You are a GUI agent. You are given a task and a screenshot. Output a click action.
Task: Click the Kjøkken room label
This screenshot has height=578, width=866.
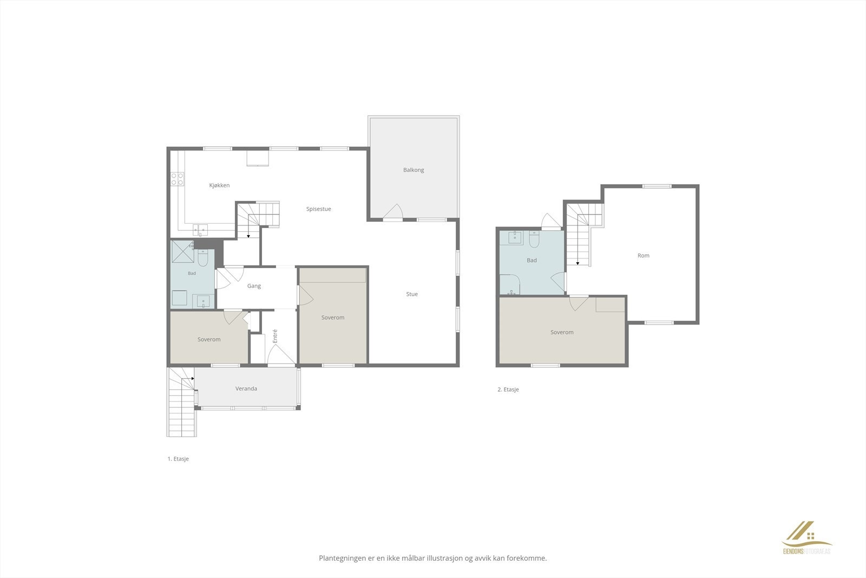[219, 185]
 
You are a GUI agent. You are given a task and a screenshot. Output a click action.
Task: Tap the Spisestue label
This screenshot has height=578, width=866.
[319, 209]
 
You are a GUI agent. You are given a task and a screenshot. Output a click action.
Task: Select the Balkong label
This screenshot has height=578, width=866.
[414, 170]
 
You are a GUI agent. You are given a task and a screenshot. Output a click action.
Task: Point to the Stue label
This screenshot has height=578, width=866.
[412, 294]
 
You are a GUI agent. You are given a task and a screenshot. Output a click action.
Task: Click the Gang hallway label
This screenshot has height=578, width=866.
[254, 286]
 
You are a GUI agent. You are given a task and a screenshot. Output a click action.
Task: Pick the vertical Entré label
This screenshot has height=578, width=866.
[275, 336]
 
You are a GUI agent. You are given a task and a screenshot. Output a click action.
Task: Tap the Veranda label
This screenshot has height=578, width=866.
[246, 388]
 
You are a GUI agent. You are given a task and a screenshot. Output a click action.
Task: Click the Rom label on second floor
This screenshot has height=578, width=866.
[644, 255]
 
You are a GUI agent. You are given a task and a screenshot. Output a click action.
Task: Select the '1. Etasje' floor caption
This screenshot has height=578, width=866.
[178, 459]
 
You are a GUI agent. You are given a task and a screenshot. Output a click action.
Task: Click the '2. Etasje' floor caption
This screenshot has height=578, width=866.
[508, 389]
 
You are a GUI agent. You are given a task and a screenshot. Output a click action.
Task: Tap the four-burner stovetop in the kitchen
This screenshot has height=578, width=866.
[178, 179]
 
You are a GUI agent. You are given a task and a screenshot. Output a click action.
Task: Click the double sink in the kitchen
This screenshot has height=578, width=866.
[200, 230]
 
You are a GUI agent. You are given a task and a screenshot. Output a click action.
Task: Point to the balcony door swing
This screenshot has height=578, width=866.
[393, 211]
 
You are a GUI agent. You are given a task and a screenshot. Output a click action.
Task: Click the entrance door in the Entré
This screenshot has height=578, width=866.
[281, 354]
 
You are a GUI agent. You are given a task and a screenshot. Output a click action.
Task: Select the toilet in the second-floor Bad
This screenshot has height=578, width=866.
[534, 239]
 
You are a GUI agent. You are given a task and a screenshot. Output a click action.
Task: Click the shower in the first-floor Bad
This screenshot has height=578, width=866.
[183, 251]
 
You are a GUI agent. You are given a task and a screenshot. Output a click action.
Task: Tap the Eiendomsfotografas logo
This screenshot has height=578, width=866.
[807, 538]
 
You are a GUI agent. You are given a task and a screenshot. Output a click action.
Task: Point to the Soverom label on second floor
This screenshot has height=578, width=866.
[562, 332]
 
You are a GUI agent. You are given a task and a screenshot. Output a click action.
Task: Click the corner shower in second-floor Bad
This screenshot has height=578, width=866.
[510, 284]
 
